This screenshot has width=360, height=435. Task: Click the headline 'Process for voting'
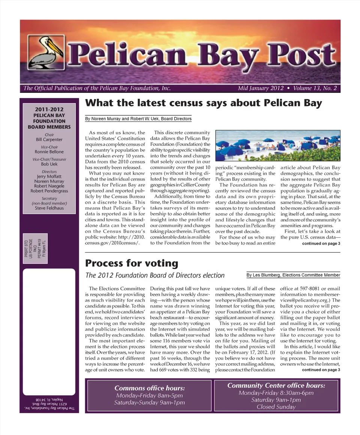pos(132,263)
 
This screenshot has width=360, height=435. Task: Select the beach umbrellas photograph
pos(278,145)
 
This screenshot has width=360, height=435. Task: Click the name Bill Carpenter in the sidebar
pos(49,140)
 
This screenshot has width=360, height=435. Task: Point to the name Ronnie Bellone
pos(49,152)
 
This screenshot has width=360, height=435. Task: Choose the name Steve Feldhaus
pos(49,208)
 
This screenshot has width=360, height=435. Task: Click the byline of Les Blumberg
pos(293,275)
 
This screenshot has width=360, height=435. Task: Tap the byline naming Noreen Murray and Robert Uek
pos(138,119)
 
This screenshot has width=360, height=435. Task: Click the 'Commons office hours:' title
pos(149,388)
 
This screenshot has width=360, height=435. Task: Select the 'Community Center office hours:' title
pos(276,386)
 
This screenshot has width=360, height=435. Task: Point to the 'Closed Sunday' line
pos(276,407)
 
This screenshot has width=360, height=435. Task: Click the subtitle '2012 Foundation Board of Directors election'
pos(155,275)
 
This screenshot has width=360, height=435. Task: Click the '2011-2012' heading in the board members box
pos(49,109)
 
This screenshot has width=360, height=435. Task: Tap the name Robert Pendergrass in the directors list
pos(49,191)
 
